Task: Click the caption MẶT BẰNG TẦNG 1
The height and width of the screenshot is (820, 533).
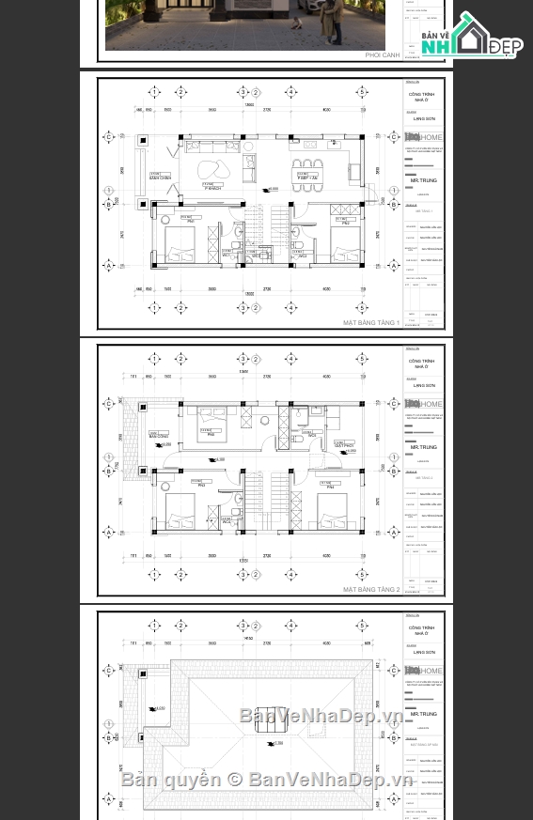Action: click(x=371, y=323)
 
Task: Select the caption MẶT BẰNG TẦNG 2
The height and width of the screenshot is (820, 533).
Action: click(x=371, y=590)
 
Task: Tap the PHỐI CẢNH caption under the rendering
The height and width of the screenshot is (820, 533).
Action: click(x=383, y=55)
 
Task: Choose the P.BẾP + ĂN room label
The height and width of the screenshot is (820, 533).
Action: click(x=306, y=178)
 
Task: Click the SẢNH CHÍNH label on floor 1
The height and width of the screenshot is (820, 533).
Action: click(x=161, y=178)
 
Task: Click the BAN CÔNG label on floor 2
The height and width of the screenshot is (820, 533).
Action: click(x=159, y=437)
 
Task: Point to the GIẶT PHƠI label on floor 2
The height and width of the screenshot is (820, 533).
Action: click(x=344, y=445)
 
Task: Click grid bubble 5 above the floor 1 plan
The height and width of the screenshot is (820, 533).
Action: click(x=362, y=92)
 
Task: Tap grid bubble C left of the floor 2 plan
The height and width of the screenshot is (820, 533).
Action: click(x=109, y=404)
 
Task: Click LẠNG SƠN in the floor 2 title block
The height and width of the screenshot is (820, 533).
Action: click(x=424, y=386)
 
